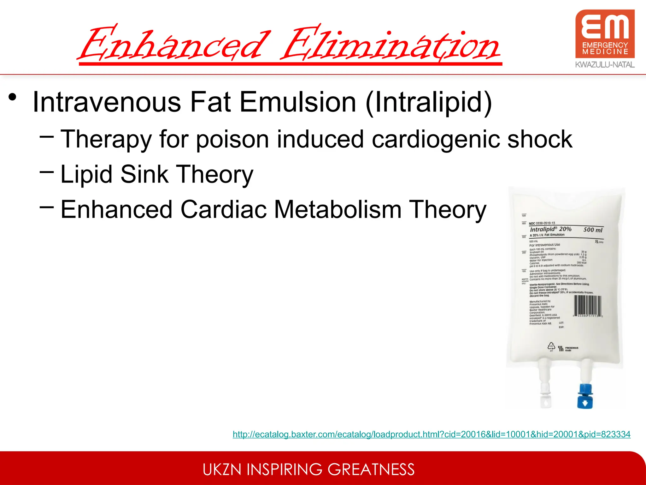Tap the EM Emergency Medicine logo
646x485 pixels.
pos(605,34)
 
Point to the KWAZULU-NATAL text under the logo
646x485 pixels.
pos(605,65)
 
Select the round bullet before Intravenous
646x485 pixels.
pos(13,97)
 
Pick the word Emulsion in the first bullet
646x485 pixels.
pos(298,102)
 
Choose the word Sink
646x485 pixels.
pos(144,174)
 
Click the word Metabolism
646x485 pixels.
pos(338,209)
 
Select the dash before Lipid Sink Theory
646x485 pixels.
pos(47,172)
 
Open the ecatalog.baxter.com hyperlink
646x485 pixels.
pos(432,434)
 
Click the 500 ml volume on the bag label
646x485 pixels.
pos(593,230)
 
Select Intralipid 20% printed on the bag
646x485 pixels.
pos(550,229)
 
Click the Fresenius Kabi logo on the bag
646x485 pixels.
pos(568,349)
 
